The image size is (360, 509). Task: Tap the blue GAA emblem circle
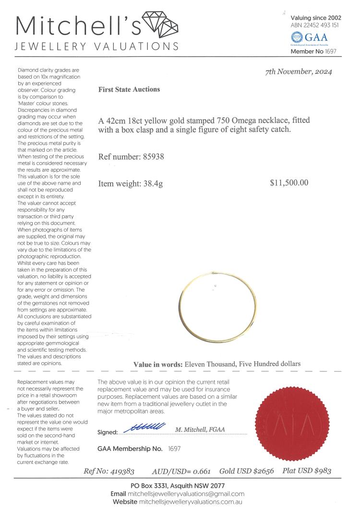click(x=297, y=37)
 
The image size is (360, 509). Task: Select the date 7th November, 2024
click(x=299, y=72)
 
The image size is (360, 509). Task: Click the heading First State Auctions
click(x=129, y=89)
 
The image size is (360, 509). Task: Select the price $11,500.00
click(x=289, y=183)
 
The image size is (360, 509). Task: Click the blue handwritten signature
click(x=144, y=426)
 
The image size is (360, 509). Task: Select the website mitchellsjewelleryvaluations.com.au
click(x=190, y=502)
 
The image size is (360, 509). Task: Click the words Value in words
click(x=158, y=364)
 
